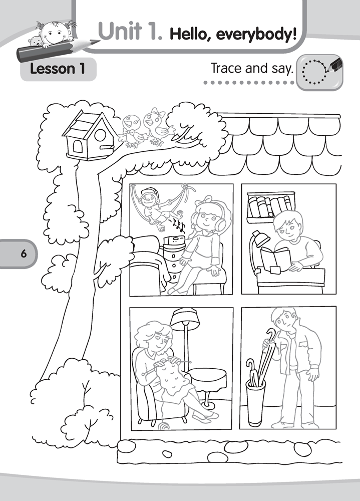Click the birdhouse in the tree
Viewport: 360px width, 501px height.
[x=87, y=135]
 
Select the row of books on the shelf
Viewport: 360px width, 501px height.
[x=270, y=206]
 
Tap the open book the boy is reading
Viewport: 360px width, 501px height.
[x=275, y=260]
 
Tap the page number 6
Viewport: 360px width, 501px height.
[x=24, y=254]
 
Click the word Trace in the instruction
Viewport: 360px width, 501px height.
[x=227, y=68]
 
